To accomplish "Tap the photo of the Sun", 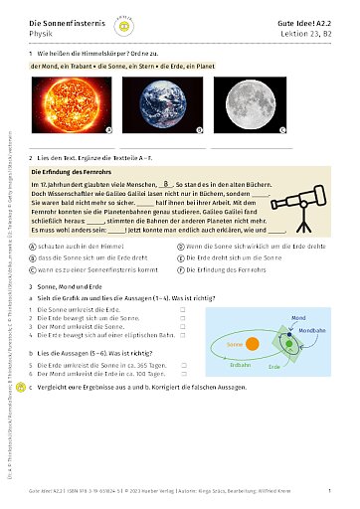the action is click(76, 106).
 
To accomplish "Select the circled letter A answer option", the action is click(34, 245).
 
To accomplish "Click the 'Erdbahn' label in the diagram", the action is click(239, 365).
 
